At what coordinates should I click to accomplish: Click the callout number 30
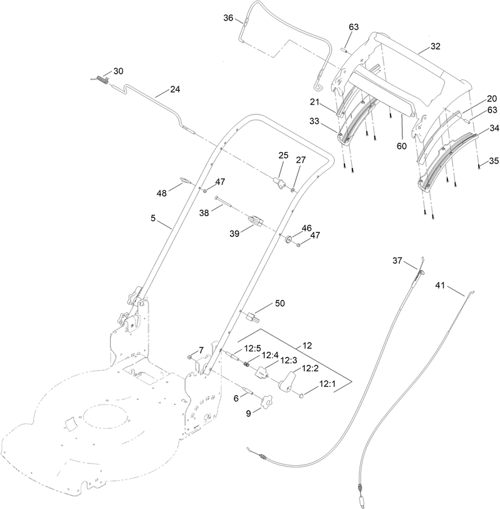click(118, 70)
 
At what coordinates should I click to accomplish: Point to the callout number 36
click(228, 19)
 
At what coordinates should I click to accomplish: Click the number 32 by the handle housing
click(435, 46)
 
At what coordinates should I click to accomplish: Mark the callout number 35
click(494, 161)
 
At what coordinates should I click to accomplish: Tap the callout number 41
click(440, 285)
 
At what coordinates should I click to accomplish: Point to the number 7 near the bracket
click(202, 349)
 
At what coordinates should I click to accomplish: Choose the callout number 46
click(306, 228)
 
